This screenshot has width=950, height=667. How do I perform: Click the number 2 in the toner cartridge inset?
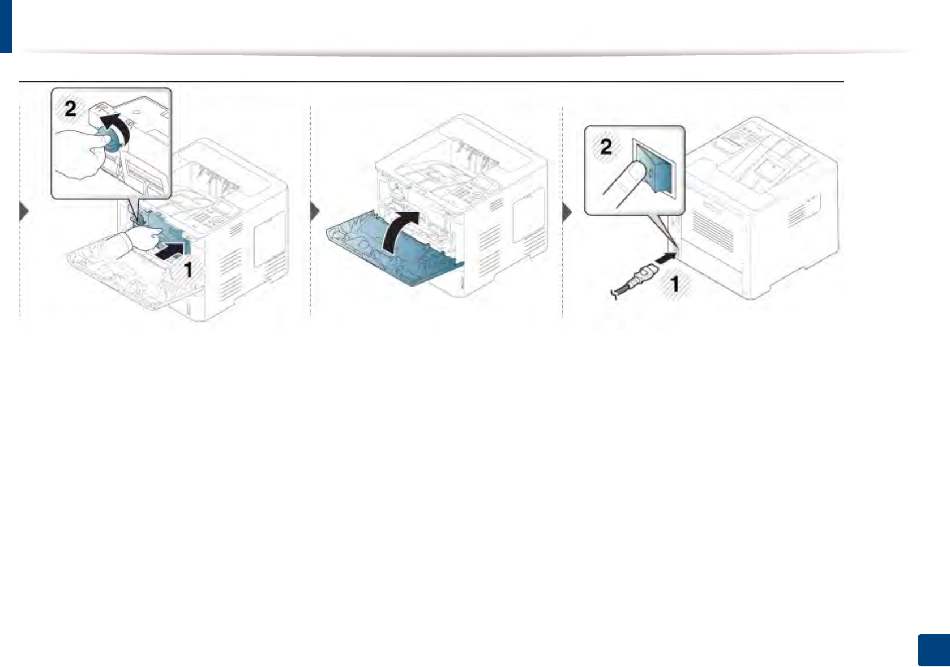click(x=70, y=108)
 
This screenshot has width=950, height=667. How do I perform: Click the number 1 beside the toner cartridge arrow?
click(x=189, y=270)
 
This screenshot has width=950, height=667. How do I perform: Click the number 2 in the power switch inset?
click(x=606, y=147)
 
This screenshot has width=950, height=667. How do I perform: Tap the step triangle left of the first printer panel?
click(x=24, y=212)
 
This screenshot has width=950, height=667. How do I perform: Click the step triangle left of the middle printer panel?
click(x=315, y=212)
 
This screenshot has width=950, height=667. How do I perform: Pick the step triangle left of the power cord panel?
click(x=567, y=213)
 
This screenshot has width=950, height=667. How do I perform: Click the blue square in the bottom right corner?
click(x=933, y=650)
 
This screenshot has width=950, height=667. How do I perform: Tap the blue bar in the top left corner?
click(x=6, y=26)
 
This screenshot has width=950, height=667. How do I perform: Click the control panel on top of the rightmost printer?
click(x=742, y=138)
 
